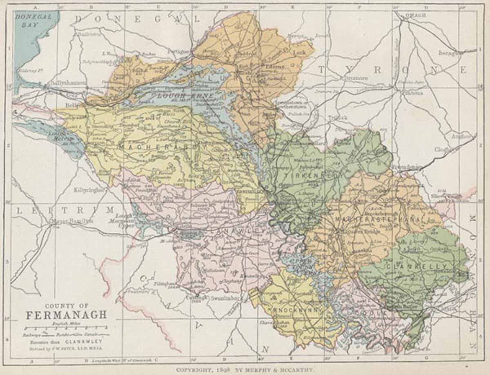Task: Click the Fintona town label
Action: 413,93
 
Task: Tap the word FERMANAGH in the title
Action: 67,315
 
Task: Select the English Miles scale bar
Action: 67,328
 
